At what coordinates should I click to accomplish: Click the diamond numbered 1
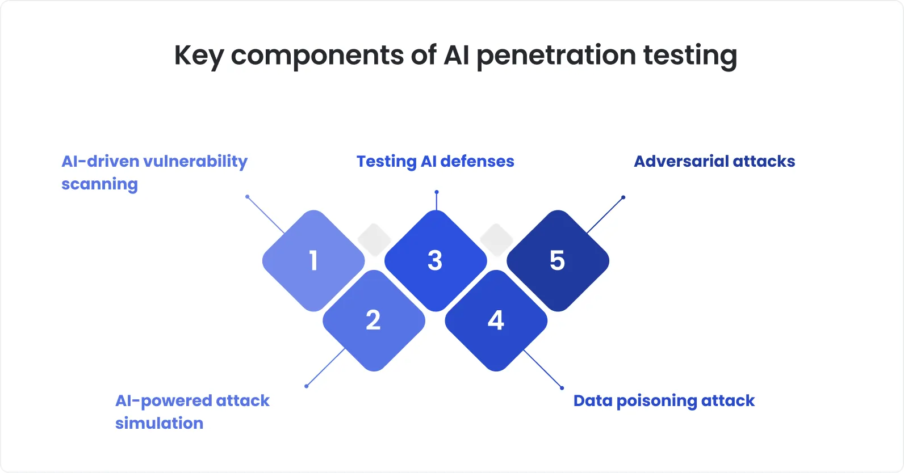[313, 261]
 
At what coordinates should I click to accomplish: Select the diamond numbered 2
[374, 321]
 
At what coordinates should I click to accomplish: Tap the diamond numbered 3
[436, 261]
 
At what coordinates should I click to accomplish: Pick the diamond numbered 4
[496, 321]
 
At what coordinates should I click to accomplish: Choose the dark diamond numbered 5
[558, 261]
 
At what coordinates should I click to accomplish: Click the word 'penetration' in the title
[555, 56]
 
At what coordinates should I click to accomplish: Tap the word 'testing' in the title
[690, 56]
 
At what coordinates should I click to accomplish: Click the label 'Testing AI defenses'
[435, 162]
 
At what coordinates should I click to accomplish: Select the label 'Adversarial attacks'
[714, 162]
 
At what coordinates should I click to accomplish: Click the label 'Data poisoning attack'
[664, 401]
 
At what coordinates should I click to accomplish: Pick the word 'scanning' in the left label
[99, 184]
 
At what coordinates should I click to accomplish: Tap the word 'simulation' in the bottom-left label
[159, 424]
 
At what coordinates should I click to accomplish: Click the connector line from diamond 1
[266, 215]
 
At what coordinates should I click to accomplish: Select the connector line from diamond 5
[605, 215]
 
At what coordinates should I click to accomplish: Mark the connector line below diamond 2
[325, 368]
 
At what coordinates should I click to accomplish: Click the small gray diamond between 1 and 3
[374, 239]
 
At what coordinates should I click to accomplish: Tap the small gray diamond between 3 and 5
[497, 239]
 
